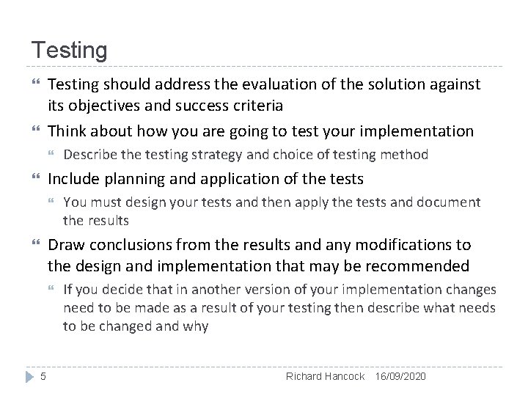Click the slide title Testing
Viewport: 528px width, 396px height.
(69, 51)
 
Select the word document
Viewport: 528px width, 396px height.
(448, 202)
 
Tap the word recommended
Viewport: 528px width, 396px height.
(420, 265)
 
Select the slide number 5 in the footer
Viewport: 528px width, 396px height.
(43, 376)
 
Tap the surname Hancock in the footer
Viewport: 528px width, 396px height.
(345, 376)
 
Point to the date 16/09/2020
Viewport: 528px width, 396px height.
(400, 376)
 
